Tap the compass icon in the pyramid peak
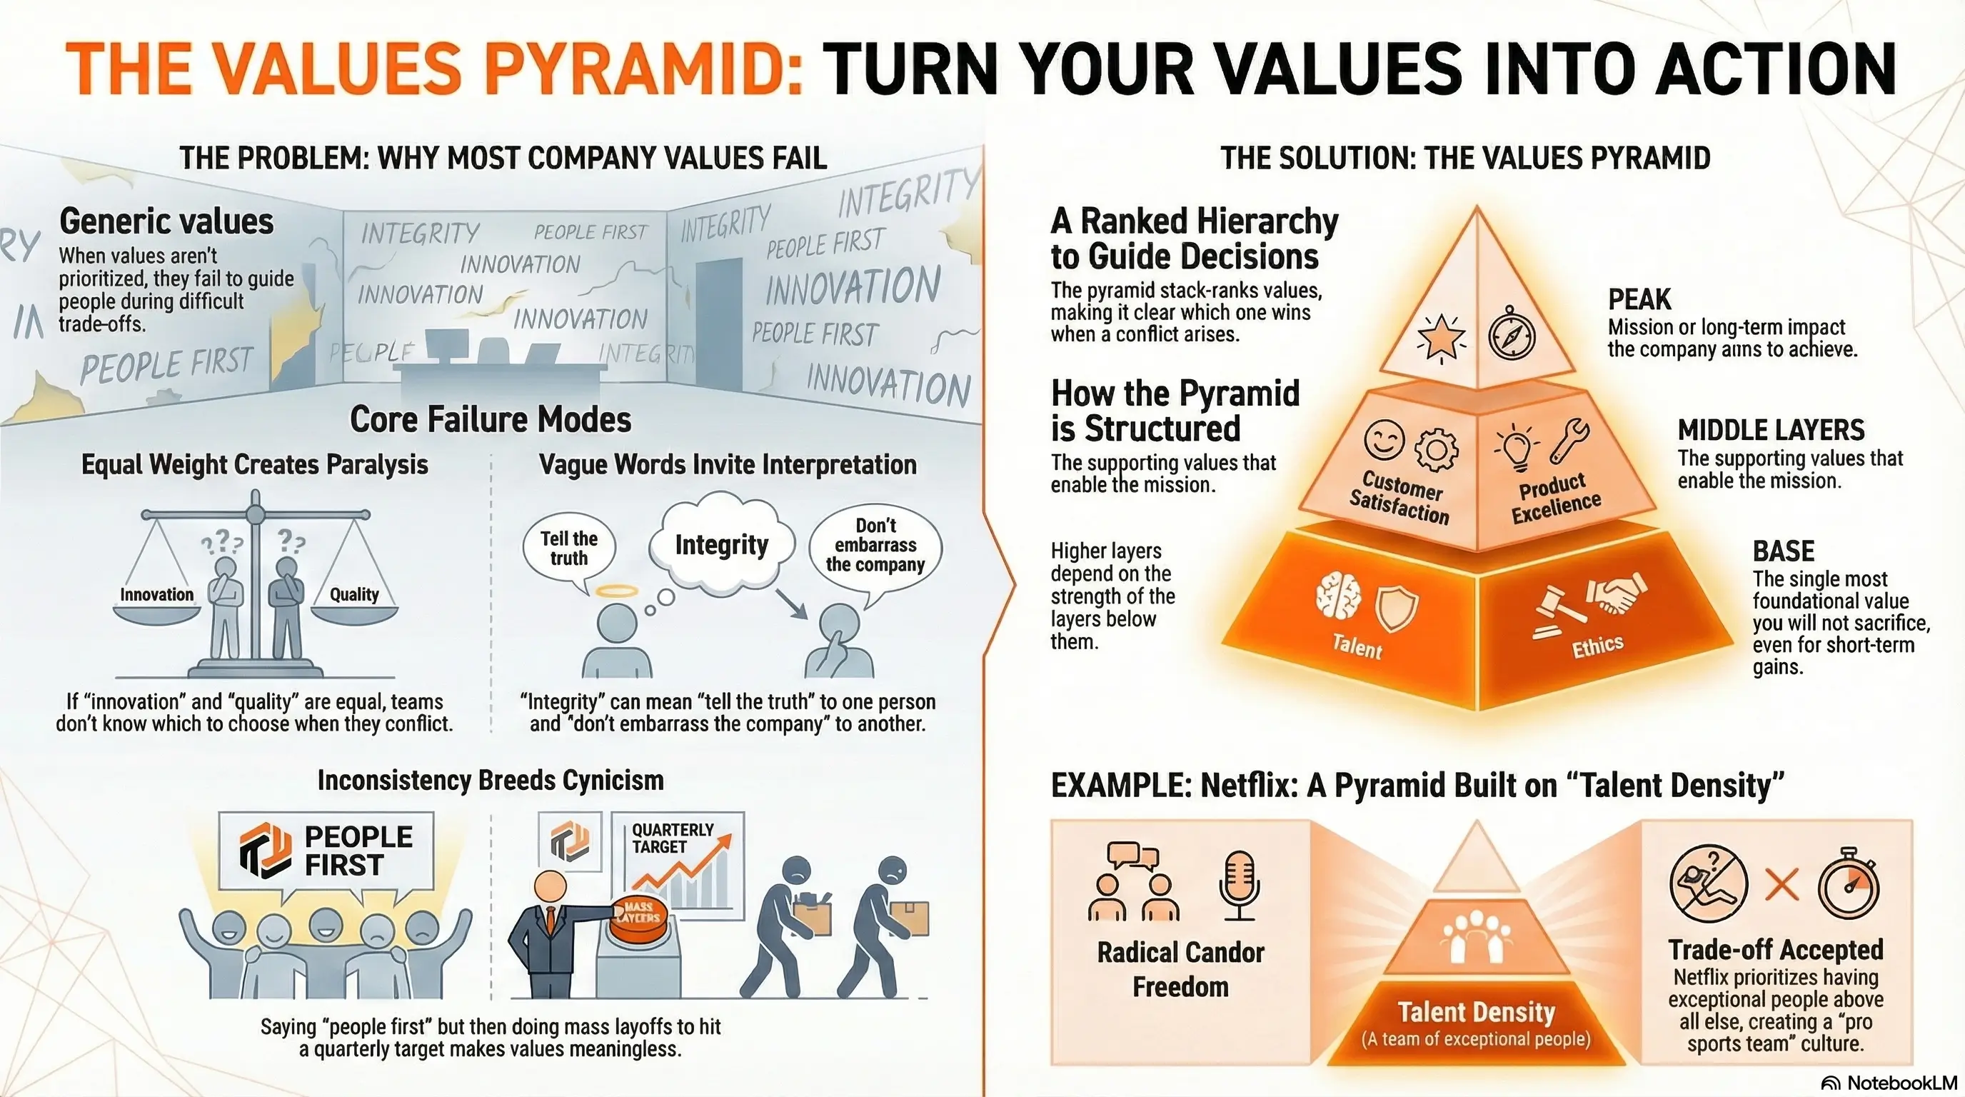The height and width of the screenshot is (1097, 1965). [x=1512, y=334]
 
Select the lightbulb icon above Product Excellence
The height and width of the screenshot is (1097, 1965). [x=1516, y=449]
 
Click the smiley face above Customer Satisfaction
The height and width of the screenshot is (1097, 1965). [x=1384, y=439]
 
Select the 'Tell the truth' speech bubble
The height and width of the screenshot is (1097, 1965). [x=569, y=548]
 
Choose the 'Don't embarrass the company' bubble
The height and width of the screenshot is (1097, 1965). [x=875, y=546]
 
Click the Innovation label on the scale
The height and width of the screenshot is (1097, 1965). [x=156, y=595]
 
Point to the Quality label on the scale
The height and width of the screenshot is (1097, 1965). [x=354, y=595]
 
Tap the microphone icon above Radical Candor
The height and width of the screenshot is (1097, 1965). [x=1237, y=885]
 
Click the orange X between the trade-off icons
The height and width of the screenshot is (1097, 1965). [x=1782, y=886]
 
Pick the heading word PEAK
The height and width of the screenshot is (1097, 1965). [x=1639, y=299]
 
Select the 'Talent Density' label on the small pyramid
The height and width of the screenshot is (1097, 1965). [x=1476, y=1012]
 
